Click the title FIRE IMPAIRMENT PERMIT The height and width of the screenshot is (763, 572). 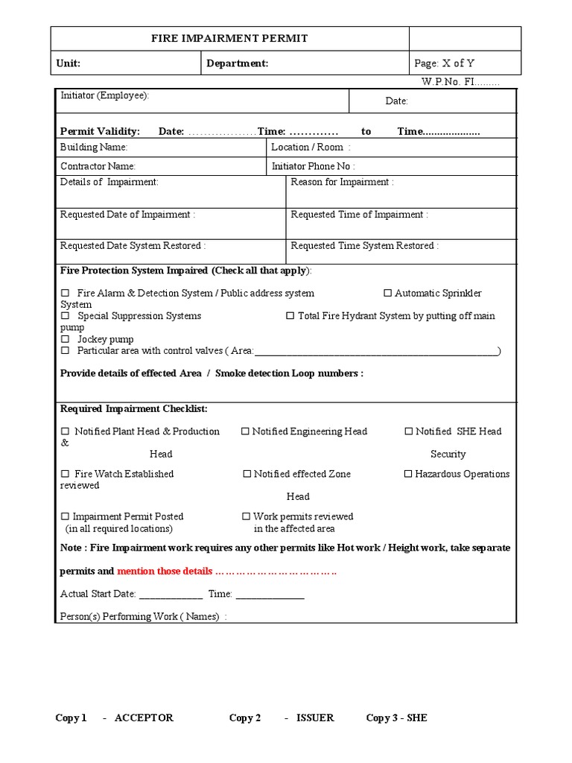229,39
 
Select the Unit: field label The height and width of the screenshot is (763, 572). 69,63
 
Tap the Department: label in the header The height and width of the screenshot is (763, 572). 237,63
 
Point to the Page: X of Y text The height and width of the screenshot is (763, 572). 444,63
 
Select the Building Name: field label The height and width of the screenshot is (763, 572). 94,148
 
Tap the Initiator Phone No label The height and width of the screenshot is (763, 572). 313,166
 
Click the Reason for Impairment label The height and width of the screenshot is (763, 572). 342,182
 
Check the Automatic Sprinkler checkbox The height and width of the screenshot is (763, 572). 387,294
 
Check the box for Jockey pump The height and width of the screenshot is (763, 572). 65,340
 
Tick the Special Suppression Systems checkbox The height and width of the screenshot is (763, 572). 65,316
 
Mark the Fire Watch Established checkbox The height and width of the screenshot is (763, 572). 65,474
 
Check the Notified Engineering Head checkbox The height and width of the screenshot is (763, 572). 245,431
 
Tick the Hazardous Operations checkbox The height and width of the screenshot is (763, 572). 408,474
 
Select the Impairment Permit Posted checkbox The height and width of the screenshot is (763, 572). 65,516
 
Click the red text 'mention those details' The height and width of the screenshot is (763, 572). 165,572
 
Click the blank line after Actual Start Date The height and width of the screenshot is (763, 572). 171,595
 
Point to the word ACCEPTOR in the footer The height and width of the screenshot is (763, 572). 144,718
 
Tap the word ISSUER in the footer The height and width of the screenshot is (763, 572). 315,718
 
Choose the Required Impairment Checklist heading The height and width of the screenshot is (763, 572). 134,409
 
